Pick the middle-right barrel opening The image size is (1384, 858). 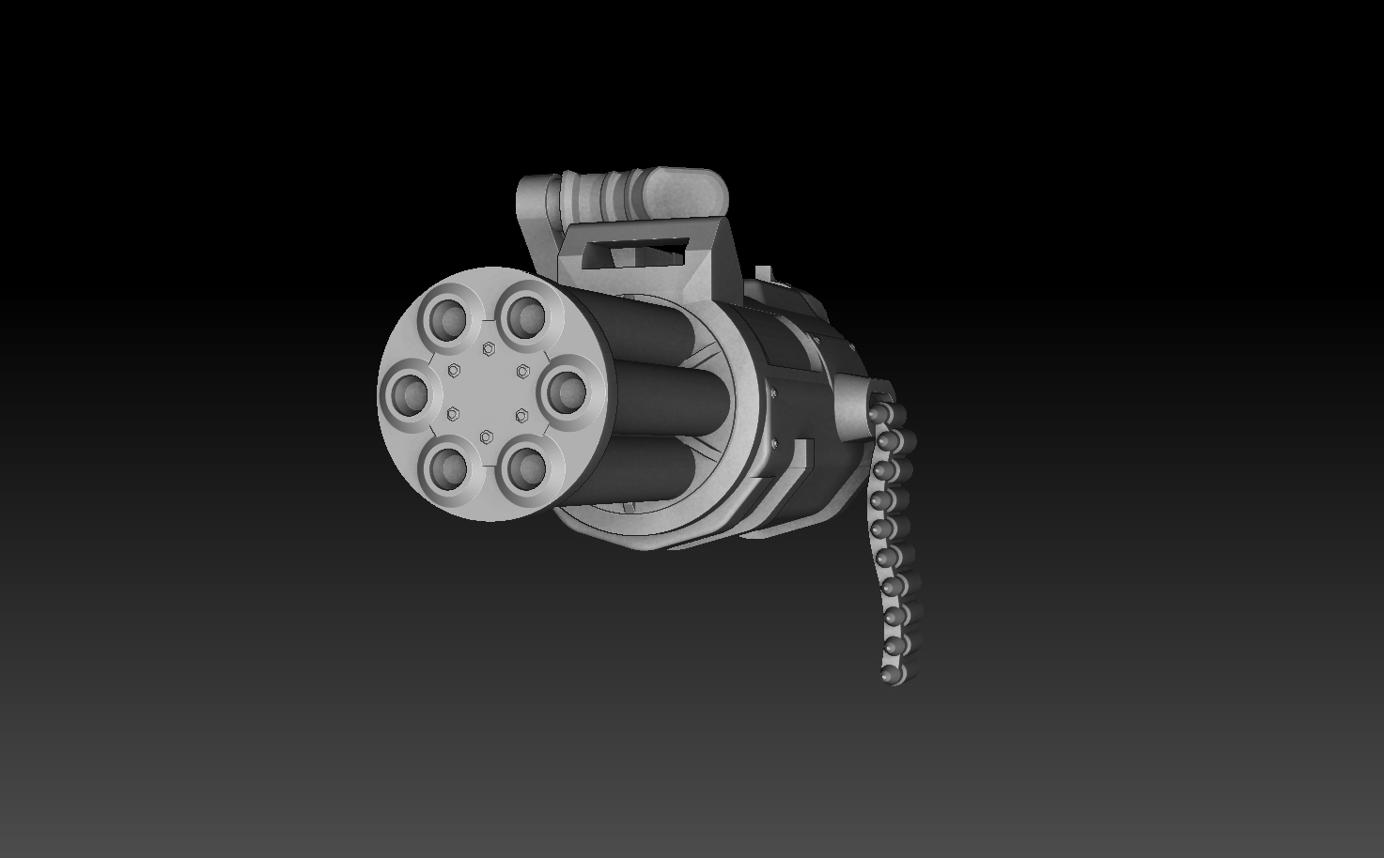[567, 389]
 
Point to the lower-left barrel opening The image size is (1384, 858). [448, 465]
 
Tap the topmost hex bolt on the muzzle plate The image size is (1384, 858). [488, 349]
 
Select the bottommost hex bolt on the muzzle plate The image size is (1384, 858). [487, 437]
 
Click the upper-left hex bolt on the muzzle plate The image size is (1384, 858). [454, 369]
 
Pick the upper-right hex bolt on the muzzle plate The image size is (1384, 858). [522, 370]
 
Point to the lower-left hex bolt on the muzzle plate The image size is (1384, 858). [453, 413]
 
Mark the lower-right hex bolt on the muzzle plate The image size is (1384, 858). [521, 414]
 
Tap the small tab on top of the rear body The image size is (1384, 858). [763, 272]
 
